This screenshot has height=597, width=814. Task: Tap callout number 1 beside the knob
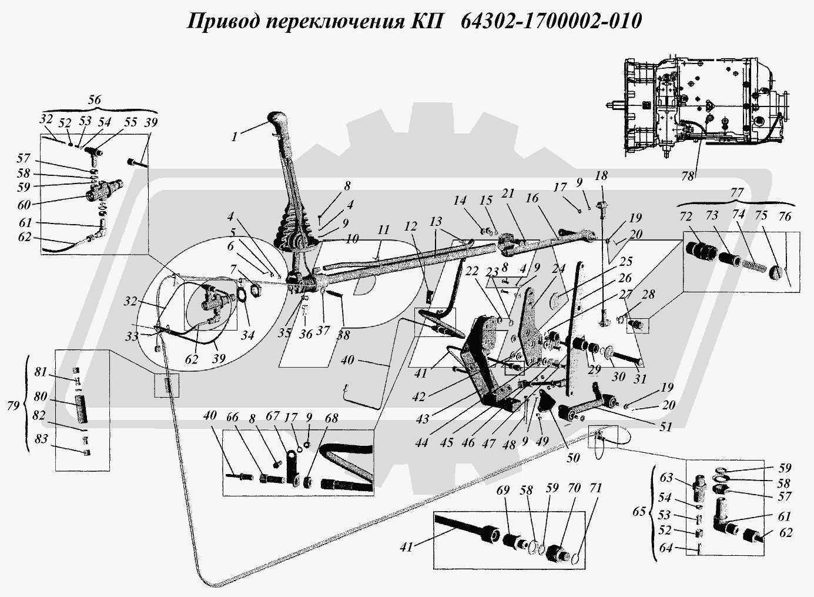pos(235,136)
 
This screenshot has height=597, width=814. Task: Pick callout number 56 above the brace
pos(93,99)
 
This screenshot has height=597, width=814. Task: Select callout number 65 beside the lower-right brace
pos(649,511)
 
